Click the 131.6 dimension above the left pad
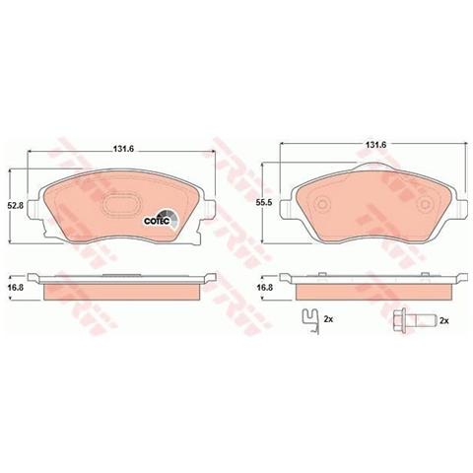(x=120, y=151)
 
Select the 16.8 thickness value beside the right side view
(x=264, y=288)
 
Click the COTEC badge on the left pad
(x=161, y=220)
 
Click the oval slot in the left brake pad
(x=122, y=209)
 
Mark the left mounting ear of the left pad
(x=36, y=206)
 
